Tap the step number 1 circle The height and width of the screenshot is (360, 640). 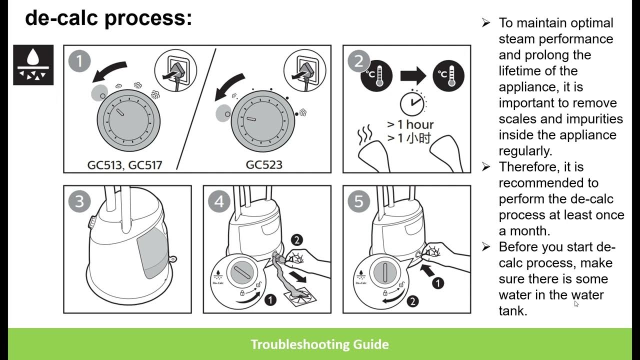pyautogui.click(x=79, y=61)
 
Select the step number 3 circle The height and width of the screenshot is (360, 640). pyautogui.click(x=79, y=201)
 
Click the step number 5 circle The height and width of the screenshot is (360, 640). pyautogui.click(x=359, y=201)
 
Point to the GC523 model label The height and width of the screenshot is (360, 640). pyautogui.click(x=264, y=165)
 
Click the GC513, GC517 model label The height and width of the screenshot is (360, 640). pyautogui.click(x=124, y=165)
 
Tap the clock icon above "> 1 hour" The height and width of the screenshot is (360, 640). pyautogui.click(x=412, y=102)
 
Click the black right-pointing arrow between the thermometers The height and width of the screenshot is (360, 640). pyautogui.click(x=413, y=75)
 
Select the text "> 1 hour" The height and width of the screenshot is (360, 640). pyautogui.click(x=410, y=124)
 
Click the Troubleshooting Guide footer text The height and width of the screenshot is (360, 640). pyautogui.click(x=319, y=344)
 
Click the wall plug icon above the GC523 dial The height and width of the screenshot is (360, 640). pyautogui.click(x=305, y=70)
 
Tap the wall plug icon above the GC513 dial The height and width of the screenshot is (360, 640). pyautogui.click(x=175, y=70)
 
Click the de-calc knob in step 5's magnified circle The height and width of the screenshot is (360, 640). pyautogui.click(x=385, y=272)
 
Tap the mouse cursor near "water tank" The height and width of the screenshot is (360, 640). pyautogui.click(x=576, y=303)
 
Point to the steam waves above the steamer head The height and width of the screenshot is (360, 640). pyautogui.click(x=365, y=133)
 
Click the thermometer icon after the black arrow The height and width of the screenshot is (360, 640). pyautogui.click(x=448, y=75)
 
